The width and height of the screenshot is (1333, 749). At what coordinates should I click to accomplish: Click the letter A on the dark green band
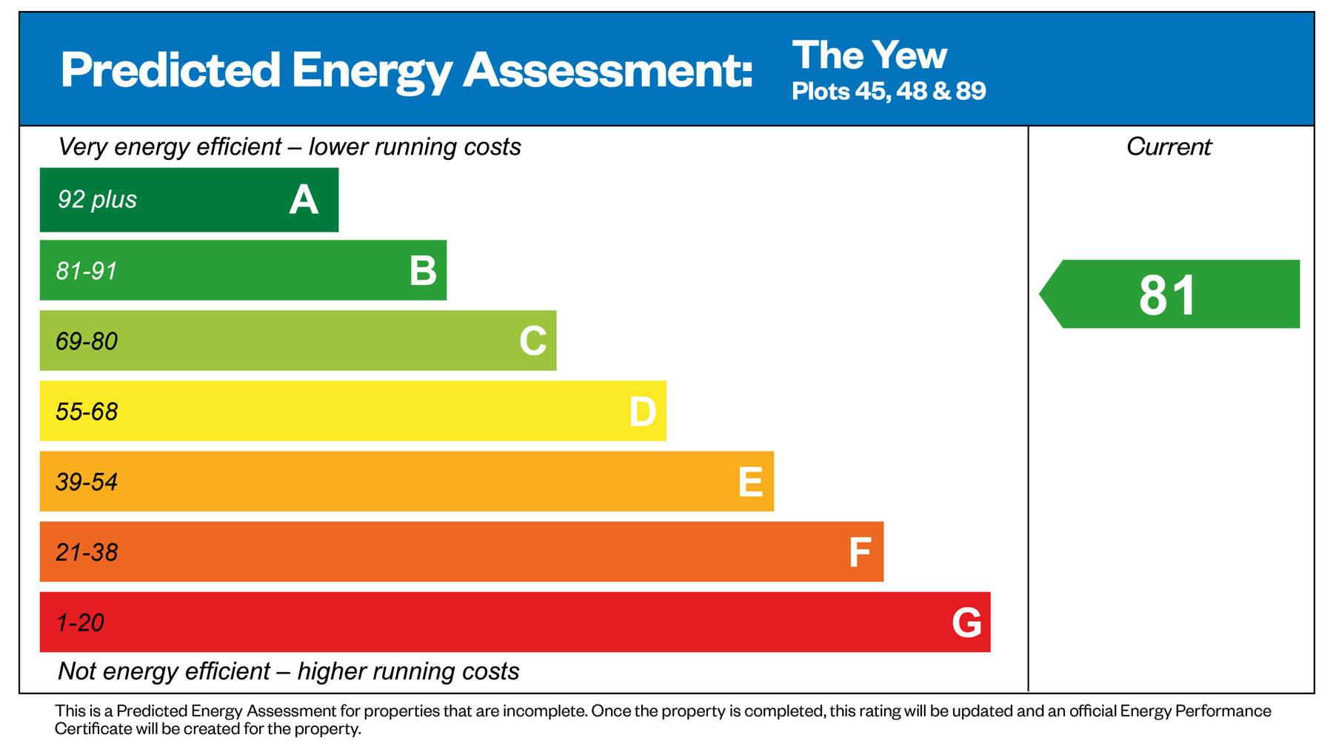tap(304, 200)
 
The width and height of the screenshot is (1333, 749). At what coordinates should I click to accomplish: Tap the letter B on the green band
tap(423, 271)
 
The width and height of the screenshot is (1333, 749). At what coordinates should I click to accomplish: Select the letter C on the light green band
tap(532, 341)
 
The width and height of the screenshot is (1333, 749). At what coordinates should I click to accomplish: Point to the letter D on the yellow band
tap(642, 412)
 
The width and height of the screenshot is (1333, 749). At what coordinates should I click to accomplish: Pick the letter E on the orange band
tap(750, 482)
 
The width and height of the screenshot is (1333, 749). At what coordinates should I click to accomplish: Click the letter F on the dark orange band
tap(859, 552)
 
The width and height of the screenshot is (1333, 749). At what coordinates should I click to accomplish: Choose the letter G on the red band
tap(966, 622)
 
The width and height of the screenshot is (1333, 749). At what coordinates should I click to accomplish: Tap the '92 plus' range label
tap(97, 200)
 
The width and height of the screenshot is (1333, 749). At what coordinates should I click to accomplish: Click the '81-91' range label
tap(87, 271)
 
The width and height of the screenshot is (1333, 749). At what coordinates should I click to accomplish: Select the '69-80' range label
tap(87, 341)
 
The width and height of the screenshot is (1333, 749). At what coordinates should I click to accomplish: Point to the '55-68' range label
tap(87, 412)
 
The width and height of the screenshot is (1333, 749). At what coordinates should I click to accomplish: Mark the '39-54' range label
tap(87, 482)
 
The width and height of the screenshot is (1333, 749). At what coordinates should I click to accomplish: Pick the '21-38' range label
tap(87, 552)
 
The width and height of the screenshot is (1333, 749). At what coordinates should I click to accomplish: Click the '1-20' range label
tap(80, 622)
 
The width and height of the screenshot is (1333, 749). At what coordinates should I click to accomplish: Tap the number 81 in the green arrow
tap(1167, 295)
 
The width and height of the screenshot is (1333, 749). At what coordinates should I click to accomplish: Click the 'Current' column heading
tap(1169, 147)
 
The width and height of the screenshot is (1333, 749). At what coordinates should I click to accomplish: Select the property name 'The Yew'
tap(869, 56)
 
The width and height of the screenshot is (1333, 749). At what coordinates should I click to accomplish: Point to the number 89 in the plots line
tap(970, 91)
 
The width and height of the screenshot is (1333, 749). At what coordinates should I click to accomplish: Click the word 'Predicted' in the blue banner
tap(170, 71)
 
